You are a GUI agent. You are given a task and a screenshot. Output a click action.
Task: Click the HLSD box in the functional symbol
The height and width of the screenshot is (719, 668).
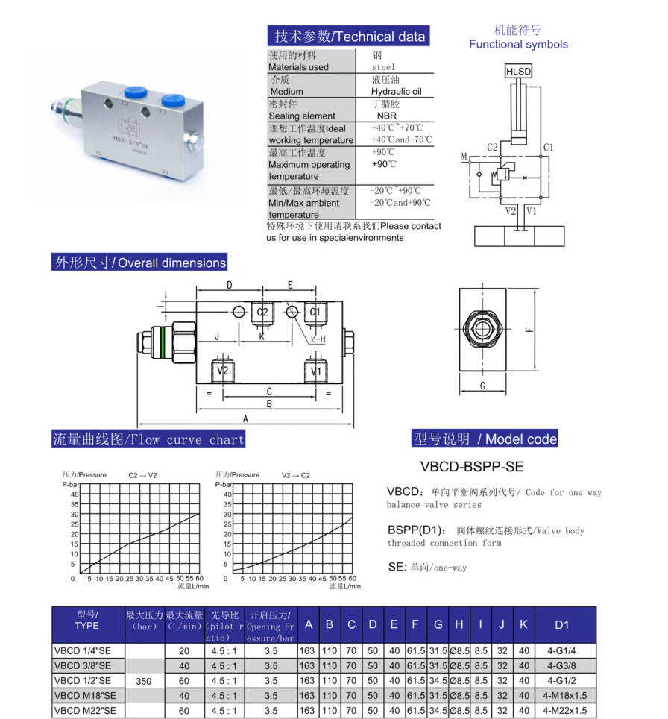pos(518,71)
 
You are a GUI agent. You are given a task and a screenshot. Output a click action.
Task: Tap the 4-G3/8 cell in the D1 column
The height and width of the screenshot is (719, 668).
pos(561,665)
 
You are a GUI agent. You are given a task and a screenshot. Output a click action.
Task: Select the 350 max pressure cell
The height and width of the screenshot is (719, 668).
pos(143,681)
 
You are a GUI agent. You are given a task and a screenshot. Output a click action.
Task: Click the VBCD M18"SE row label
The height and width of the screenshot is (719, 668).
pos(85,695)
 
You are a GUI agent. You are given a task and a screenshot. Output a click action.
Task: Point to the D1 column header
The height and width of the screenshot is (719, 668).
pos(561,624)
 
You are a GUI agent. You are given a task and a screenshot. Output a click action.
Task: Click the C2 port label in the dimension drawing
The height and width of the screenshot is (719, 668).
pos(262,313)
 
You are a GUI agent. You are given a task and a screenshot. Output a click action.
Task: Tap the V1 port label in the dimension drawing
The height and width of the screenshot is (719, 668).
pos(316,371)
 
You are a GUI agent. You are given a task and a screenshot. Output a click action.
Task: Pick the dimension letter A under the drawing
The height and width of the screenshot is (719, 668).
pos(245,418)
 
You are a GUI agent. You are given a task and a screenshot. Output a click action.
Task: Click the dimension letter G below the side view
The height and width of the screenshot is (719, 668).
pos(482,386)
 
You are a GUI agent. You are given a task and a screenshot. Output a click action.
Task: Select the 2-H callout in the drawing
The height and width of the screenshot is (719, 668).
pos(318,339)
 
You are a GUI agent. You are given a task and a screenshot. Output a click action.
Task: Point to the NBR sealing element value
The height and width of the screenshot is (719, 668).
pos(386,116)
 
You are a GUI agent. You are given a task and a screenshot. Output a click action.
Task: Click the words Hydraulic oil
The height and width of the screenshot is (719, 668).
pos(396,91)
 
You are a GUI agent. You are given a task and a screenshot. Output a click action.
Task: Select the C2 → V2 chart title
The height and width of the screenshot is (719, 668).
pos(142,476)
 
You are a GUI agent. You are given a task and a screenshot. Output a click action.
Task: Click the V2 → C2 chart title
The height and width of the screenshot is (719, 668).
pos(296,476)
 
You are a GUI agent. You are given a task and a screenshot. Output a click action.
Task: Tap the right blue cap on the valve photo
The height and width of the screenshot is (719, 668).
pos(172,101)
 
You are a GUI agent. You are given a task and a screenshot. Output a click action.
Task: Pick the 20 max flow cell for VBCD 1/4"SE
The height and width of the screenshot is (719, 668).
pos(184,650)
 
